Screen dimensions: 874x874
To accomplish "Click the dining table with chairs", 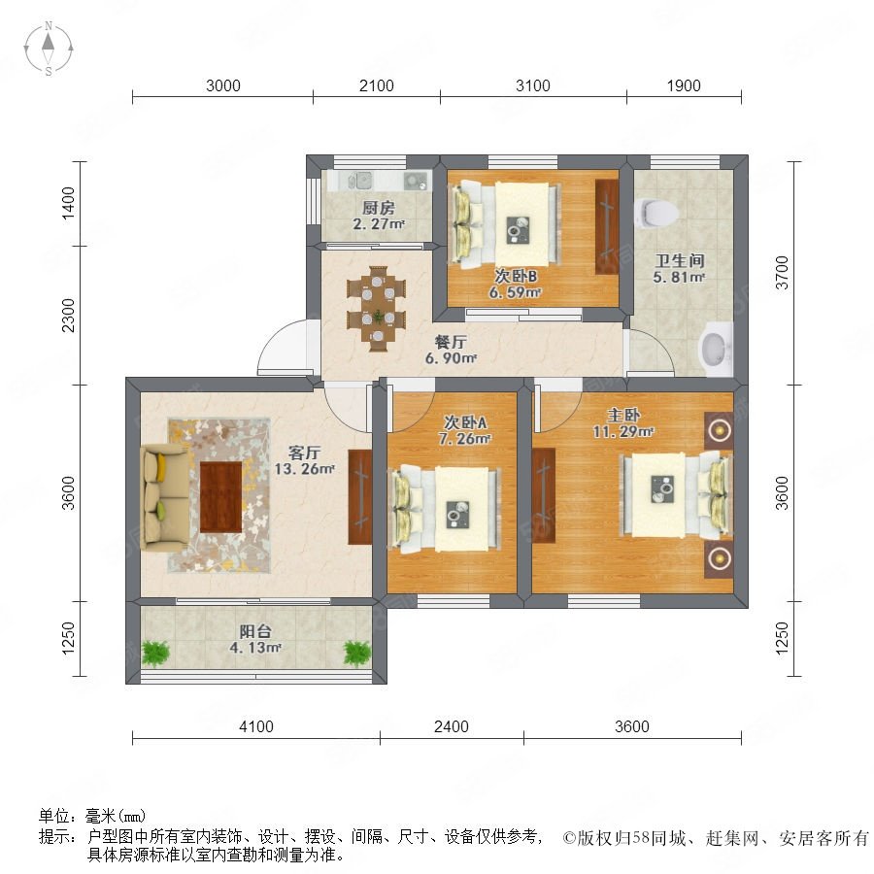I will tap(377, 304).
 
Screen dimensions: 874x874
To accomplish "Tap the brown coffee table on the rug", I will tap(220, 496).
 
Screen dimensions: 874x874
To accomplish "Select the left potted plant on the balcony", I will tap(155, 653).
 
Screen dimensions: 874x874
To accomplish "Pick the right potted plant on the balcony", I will tap(357, 653).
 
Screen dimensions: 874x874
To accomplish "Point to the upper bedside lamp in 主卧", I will tap(719, 430).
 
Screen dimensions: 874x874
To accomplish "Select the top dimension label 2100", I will tap(376, 85).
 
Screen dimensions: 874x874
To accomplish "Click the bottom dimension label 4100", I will tap(256, 726).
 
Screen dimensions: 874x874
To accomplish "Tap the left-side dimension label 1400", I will tap(67, 205).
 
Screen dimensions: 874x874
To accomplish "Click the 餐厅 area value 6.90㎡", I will tap(451, 359).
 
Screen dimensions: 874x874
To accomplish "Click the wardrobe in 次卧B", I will tap(606, 226).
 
